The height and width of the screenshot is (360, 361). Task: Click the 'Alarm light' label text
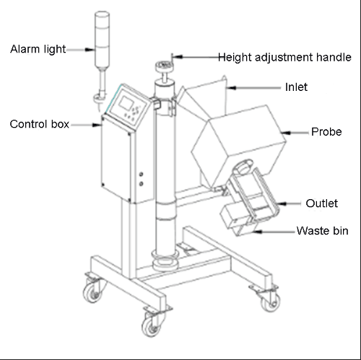click(38, 49)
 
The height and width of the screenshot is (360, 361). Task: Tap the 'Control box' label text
click(40, 124)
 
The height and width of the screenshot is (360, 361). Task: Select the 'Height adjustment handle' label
click(284, 58)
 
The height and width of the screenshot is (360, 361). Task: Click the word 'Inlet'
click(296, 87)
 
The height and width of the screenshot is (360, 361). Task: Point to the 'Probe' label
click(326, 132)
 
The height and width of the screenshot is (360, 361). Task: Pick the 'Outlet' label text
click(321, 203)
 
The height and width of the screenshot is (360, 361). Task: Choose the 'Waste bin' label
click(322, 231)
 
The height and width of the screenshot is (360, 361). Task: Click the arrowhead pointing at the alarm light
click(90, 50)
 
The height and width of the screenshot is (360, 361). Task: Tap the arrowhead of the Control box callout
click(97, 125)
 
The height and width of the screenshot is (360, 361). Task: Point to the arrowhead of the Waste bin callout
click(257, 232)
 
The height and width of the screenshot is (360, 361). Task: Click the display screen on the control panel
click(126, 102)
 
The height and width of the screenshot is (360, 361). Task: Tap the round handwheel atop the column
click(165, 66)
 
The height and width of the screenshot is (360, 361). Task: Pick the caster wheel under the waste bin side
click(271, 302)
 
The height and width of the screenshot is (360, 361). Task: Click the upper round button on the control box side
click(142, 174)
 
